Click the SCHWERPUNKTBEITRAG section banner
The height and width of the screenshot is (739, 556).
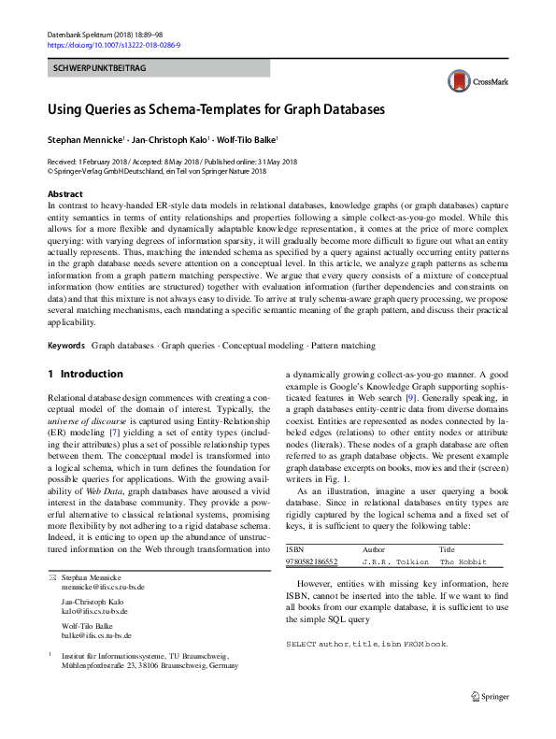tap(98, 69)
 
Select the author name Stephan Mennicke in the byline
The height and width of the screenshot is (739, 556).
tap(83, 140)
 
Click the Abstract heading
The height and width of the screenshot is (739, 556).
tap(64, 192)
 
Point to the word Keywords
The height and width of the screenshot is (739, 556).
tap(66, 345)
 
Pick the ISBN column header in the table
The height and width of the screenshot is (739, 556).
tap(295, 550)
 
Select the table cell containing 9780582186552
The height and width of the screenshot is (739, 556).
tap(312, 562)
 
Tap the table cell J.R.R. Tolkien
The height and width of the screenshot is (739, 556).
tap(396, 562)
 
